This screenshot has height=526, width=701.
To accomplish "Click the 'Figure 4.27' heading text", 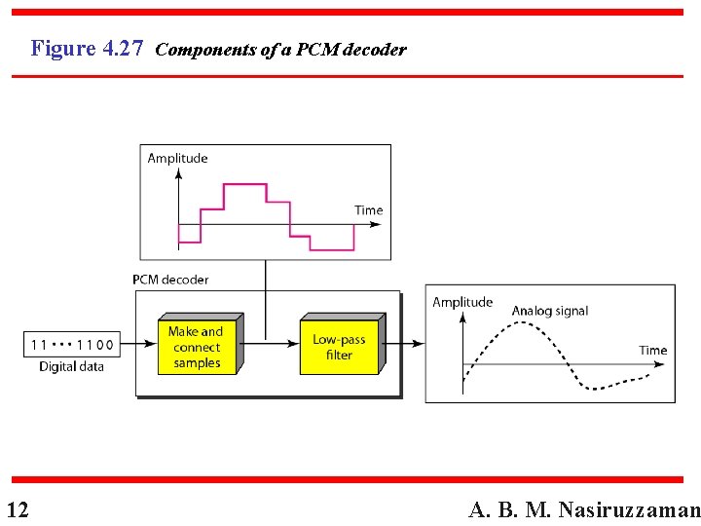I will click(87, 48).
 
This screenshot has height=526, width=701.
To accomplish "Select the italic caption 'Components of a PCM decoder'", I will click(280, 50).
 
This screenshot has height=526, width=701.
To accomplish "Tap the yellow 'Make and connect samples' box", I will click(197, 348).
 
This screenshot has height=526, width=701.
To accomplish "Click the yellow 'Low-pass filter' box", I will click(339, 348).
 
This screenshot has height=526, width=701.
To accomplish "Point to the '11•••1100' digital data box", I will click(72, 344).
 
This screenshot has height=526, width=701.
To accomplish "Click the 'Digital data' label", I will click(71, 367).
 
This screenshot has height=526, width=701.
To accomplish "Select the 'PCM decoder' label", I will click(170, 280).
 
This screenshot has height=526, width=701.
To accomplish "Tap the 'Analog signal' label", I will click(550, 311).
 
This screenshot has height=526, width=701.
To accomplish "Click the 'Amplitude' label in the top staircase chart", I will click(177, 158).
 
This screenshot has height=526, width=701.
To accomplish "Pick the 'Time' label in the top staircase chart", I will click(368, 209).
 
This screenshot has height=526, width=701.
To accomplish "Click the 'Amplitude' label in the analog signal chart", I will click(462, 302).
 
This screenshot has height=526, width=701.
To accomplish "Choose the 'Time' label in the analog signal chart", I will click(652, 350).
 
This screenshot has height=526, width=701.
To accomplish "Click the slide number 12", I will click(17, 509).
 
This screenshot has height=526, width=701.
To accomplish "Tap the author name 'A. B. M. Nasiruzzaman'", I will click(584, 509).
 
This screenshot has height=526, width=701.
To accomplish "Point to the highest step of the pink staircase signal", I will click(245, 183).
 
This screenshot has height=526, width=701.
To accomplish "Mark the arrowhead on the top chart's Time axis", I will click(376, 224).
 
